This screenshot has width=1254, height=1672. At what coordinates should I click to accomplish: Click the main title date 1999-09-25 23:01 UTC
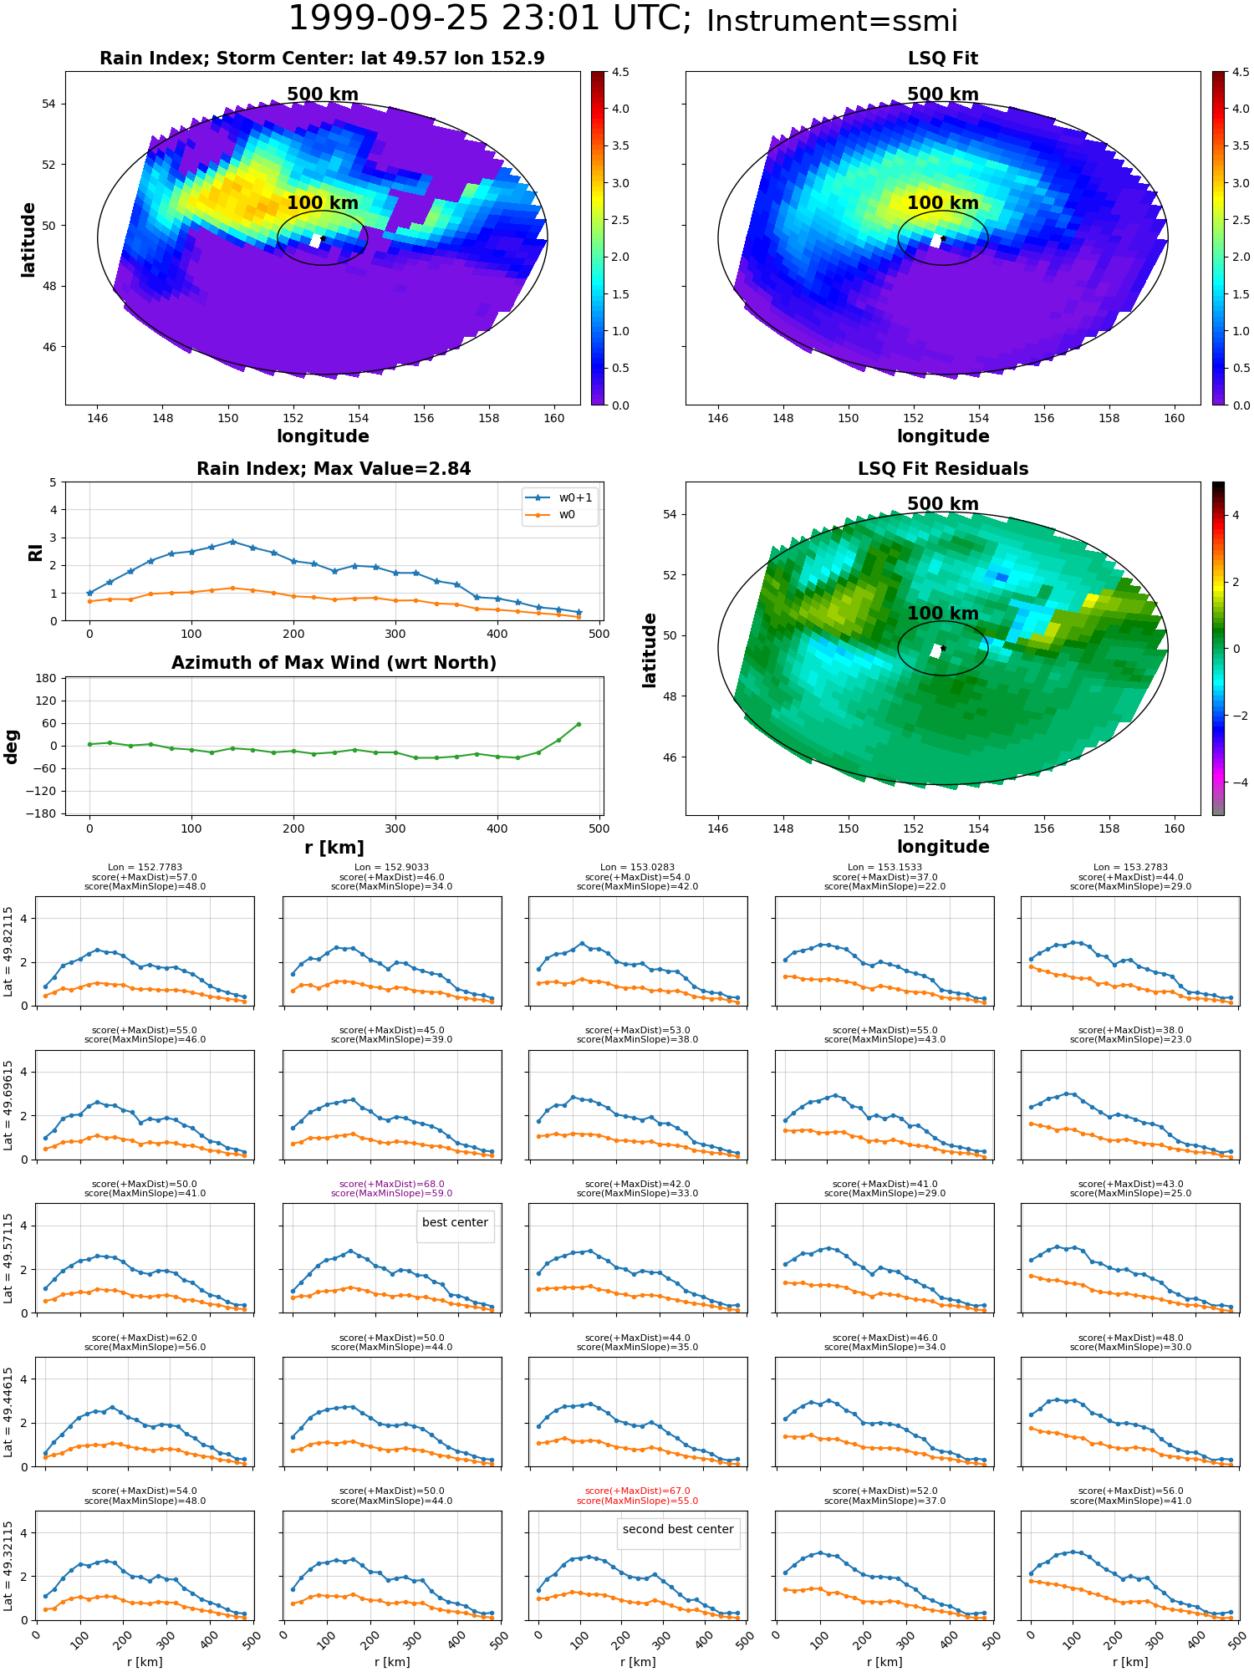[490, 19]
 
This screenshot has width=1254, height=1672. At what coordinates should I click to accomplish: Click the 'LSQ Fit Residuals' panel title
[943, 469]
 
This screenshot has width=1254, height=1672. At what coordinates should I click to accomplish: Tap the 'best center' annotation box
[455, 1222]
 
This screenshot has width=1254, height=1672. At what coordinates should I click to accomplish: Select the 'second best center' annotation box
[678, 1529]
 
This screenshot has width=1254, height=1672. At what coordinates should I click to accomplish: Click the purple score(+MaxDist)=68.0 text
[391, 1184]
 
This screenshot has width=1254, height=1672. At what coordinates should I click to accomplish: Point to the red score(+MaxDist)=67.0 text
[638, 1491]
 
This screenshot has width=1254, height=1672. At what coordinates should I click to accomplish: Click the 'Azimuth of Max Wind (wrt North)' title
[334, 663]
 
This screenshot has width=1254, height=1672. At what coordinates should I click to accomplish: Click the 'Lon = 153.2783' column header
[1130, 868]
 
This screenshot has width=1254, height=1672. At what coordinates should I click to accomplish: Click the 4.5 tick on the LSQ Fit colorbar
[1241, 72]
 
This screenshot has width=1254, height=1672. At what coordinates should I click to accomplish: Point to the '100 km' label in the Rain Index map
[323, 203]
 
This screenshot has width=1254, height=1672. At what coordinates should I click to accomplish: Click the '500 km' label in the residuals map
[943, 504]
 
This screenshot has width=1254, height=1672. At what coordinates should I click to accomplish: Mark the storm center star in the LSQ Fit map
[943, 238]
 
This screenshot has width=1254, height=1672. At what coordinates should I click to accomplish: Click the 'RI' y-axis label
[35, 552]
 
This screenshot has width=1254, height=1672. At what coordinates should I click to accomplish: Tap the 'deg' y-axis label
[12, 747]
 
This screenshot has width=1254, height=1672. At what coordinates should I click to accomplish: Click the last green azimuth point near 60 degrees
[579, 724]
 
